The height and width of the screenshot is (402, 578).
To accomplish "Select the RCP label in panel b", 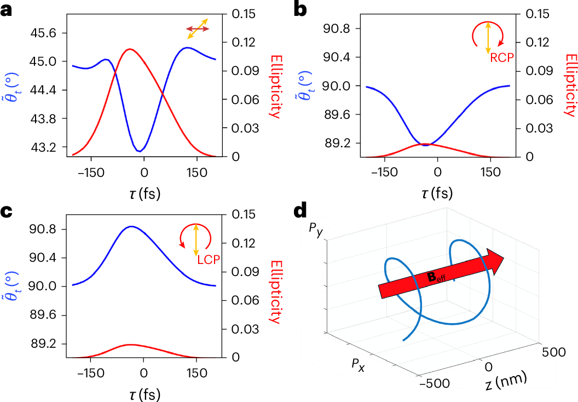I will [502, 58].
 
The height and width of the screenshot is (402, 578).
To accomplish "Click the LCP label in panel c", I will [207, 261].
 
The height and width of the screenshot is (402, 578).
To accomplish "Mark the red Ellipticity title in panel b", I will [570, 85].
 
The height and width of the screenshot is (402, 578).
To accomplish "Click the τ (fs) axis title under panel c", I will [144, 393].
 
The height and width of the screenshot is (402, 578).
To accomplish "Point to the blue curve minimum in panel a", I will [140, 151].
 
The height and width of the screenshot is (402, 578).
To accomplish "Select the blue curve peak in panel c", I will [131, 226].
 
